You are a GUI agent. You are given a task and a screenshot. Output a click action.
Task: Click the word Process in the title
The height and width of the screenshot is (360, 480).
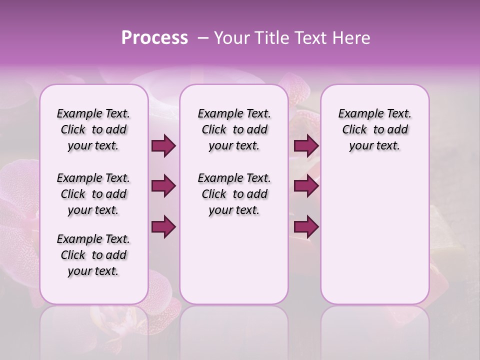(x=154, y=38)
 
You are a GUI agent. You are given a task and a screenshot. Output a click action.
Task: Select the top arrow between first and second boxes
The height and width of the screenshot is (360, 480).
(x=164, y=146)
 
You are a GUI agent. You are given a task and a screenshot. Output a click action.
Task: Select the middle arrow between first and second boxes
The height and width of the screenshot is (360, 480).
(x=164, y=186)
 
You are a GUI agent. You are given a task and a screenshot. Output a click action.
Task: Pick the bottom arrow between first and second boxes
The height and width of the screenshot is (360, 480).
(x=164, y=226)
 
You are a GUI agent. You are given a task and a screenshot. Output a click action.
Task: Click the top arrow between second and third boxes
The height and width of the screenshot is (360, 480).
(x=306, y=146)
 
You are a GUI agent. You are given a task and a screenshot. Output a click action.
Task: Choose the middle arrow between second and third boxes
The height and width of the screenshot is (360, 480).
(x=306, y=186)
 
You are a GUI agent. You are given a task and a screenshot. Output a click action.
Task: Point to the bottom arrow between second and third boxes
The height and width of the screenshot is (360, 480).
(x=306, y=226)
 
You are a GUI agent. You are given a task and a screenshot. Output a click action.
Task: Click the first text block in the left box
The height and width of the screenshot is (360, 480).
(x=93, y=129)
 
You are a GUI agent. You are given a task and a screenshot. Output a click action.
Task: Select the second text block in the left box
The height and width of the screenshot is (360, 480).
(x=93, y=194)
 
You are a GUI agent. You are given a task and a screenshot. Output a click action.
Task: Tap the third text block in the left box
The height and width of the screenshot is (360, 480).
(x=93, y=255)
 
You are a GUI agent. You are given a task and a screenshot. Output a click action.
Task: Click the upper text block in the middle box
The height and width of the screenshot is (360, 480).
(x=234, y=129)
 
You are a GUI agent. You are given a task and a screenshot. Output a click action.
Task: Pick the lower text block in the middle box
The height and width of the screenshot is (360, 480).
(x=234, y=194)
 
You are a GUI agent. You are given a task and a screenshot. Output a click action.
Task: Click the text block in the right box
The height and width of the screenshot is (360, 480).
(x=374, y=129)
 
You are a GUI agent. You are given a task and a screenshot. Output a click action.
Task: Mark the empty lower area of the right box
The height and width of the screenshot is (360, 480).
(x=374, y=235)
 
